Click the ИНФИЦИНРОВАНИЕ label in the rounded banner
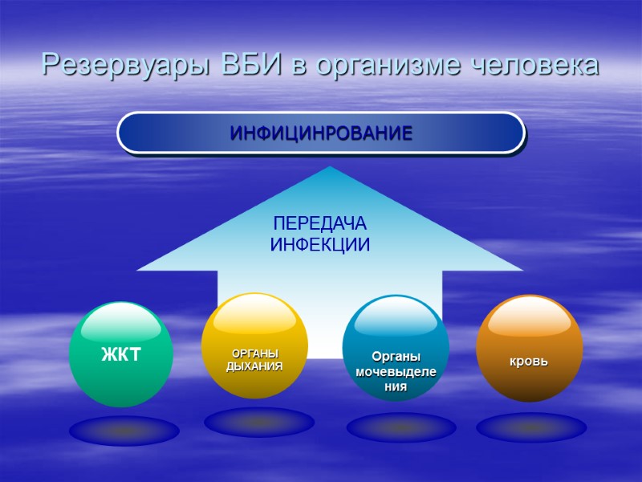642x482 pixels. [x=321, y=133]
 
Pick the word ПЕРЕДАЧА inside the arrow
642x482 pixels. [x=320, y=224]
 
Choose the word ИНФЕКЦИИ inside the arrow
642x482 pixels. [x=320, y=245]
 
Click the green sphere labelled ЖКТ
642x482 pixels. [x=121, y=353]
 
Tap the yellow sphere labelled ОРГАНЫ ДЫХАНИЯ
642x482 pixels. [x=255, y=345]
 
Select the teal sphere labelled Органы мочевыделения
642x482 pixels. [x=395, y=348]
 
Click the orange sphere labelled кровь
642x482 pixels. [x=529, y=347]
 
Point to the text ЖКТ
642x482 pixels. [x=120, y=353]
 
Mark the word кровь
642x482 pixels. [x=529, y=361]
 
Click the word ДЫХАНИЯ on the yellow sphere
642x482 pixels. [x=255, y=366]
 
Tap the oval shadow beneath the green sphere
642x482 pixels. [x=124, y=431]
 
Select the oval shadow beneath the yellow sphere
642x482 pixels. [x=258, y=423]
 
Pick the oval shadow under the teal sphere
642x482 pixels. [x=400, y=427]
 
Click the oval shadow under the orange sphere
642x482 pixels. [x=531, y=427]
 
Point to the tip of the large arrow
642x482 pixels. [x=330, y=168]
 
